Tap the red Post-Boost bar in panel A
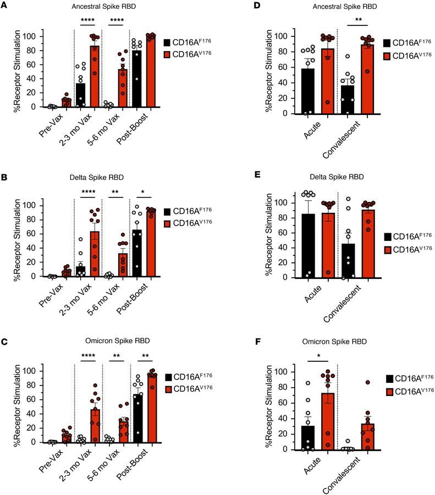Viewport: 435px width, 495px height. [150, 71]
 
